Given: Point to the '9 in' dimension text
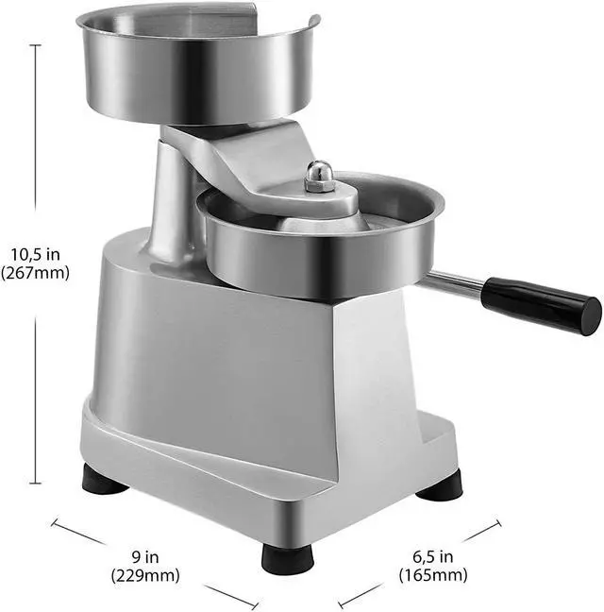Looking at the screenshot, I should point(144,556).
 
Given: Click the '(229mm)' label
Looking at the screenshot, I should point(144,574).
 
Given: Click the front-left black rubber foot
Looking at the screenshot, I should point(104,479).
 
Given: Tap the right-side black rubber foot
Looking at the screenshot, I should point(440,485).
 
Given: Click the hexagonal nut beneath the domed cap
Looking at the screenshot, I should point(319,186).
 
